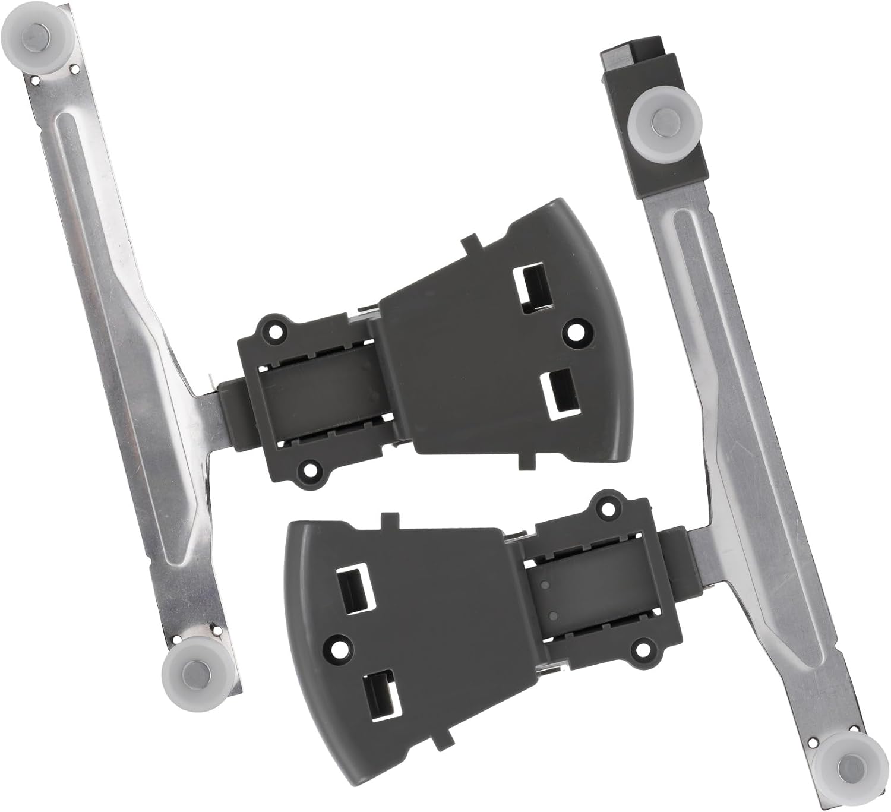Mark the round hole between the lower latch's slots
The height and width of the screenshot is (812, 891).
(x=339, y=644)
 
